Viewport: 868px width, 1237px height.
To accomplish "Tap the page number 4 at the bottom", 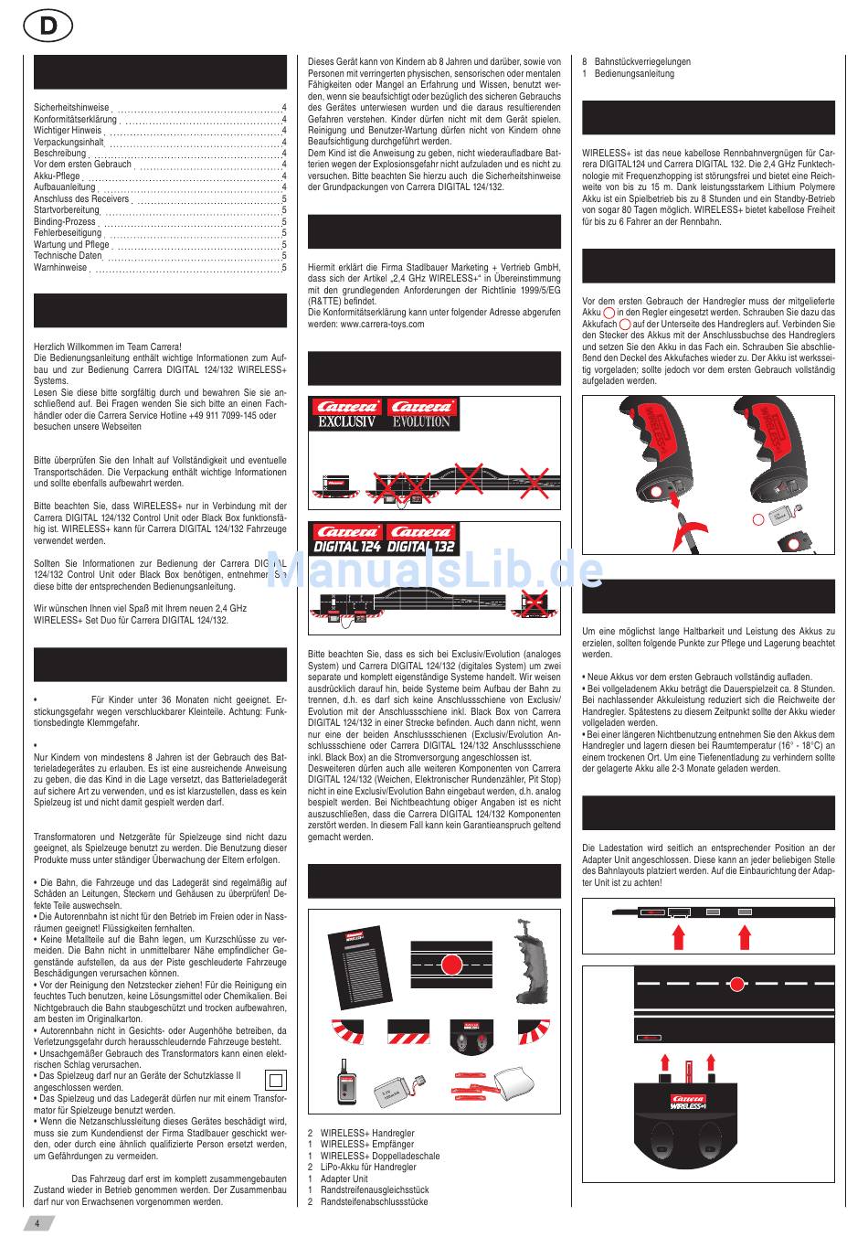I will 37,1222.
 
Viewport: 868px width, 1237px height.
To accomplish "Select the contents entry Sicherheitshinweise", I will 71,108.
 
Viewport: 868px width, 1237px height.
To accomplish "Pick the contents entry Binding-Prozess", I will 65,222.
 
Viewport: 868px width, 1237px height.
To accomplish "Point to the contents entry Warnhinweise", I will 60,268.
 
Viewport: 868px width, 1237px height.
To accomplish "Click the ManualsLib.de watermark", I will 435,570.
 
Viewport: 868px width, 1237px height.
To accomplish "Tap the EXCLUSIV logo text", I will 347,422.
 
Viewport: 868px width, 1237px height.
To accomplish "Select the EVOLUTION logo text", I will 421,422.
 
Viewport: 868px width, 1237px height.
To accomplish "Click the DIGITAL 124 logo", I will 347,547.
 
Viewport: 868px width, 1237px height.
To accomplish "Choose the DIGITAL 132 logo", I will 422,547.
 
